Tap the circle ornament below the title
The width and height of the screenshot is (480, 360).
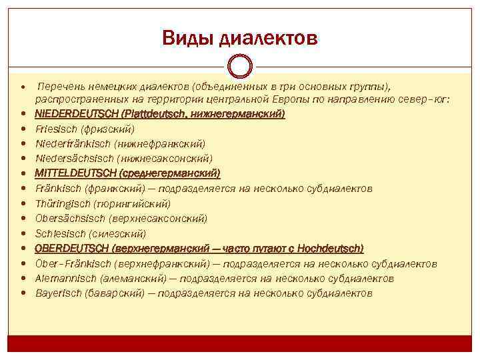pos(239,67)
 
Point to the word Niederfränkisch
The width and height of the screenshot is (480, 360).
pos(72,143)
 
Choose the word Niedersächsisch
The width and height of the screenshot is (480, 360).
pos(73,159)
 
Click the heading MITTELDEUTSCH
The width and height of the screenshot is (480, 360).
pos(75,173)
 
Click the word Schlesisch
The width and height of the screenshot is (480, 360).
pos(58,233)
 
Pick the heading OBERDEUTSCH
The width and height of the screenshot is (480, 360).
pos(72,248)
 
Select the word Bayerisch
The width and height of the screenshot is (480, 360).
pos(56,293)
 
